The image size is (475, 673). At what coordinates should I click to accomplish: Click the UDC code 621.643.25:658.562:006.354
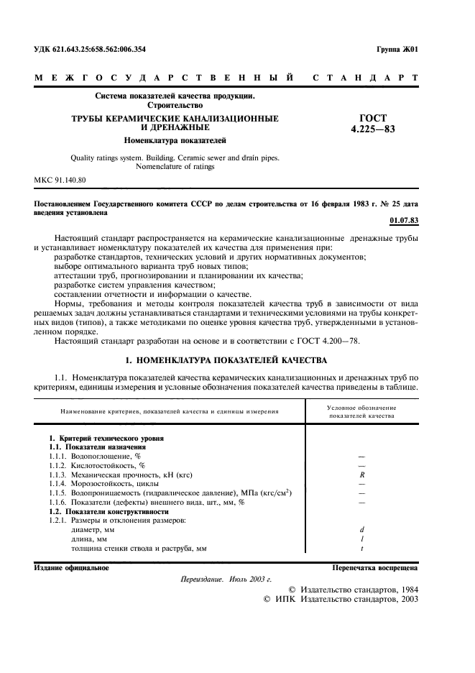(90, 50)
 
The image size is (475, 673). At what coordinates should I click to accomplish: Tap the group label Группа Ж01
(397, 50)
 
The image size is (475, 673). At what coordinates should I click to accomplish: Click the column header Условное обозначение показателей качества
(361, 411)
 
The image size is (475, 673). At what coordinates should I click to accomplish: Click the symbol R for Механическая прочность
(361, 475)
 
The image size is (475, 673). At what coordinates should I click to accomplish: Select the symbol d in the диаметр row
(361, 530)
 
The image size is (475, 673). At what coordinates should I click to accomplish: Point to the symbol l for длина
(361, 539)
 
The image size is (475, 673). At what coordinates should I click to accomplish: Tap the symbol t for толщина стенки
(361, 549)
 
